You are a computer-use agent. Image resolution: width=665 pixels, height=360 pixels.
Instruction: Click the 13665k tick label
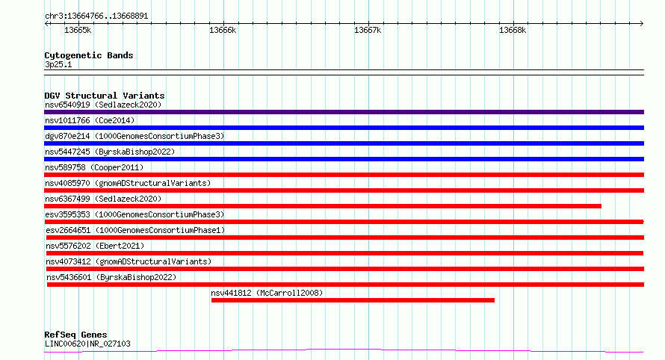(x=78, y=30)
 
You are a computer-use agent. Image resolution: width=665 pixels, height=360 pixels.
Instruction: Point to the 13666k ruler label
(x=223, y=30)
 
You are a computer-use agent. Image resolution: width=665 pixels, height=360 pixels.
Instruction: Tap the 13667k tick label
(x=368, y=30)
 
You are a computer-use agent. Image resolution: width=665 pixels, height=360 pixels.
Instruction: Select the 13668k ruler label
(x=513, y=30)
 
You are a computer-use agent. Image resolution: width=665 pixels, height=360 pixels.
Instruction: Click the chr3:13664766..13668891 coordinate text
(x=96, y=16)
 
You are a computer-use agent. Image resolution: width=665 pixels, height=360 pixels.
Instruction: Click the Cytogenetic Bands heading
(x=89, y=55)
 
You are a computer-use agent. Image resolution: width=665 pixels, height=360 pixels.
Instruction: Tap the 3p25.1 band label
(x=58, y=64)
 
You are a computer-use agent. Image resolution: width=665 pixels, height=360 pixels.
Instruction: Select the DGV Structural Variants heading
(x=105, y=96)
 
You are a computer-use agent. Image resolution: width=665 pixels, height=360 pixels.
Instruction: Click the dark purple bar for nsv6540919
(x=344, y=112)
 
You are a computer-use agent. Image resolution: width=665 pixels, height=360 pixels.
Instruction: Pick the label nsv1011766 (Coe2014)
(x=90, y=120)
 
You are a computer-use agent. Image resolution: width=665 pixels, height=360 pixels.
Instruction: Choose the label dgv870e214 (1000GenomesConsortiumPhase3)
(x=134, y=136)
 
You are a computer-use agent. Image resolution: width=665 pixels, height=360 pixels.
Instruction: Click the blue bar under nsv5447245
(x=344, y=159)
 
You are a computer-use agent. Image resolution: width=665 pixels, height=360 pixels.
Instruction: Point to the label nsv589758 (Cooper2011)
(x=94, y=167)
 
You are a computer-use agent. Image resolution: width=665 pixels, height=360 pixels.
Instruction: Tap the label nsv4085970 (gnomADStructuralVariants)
(x=128, y=183)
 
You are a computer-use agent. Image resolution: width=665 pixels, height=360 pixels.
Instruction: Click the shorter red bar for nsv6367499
(x=323, y=206)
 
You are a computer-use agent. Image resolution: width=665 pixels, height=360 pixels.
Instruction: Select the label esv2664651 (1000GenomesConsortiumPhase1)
(x=135, y=230)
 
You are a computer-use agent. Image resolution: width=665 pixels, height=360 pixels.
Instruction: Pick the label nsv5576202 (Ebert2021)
(x=95, y=246)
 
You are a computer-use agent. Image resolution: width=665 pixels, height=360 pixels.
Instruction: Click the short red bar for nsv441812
(x=353, y=300)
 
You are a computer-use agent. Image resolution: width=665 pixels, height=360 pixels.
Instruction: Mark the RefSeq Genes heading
(x=76, y=335)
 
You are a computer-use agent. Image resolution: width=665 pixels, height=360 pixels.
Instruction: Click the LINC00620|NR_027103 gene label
(x=87, y=344)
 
